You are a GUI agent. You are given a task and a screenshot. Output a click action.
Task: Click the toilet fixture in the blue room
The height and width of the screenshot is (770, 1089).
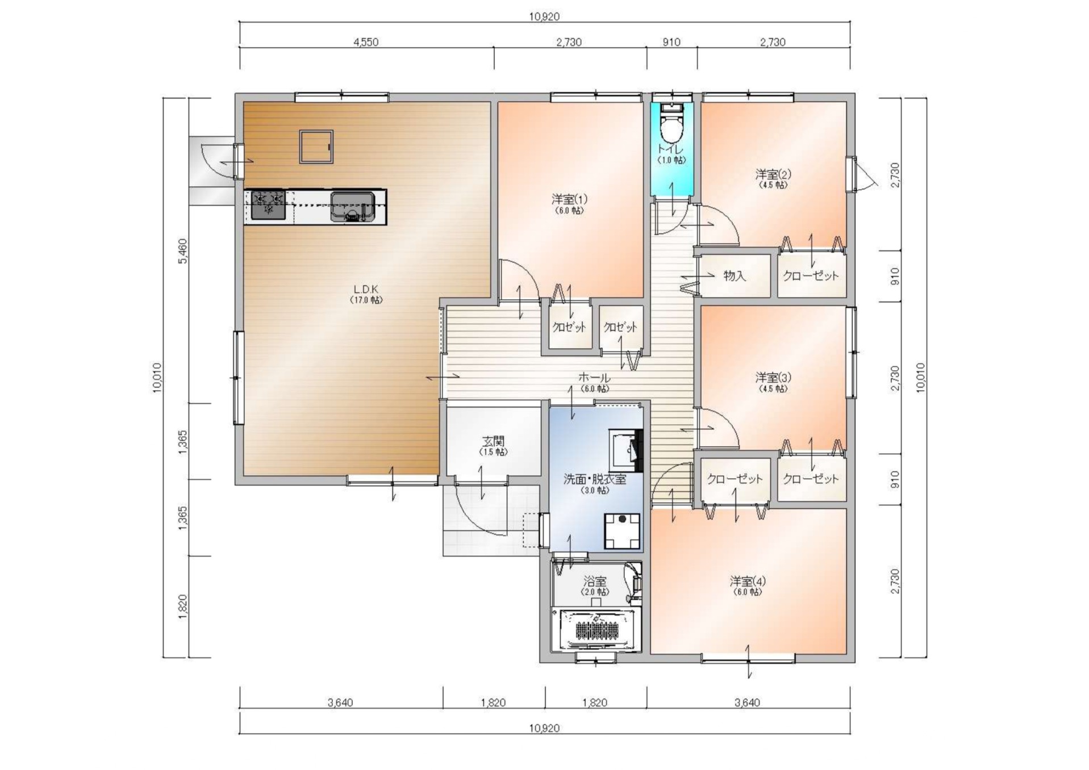(671, 125)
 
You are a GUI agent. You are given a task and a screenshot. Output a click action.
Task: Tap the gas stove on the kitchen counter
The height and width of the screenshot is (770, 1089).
(268, 206)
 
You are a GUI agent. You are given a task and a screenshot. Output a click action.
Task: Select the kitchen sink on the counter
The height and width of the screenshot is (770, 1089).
(352, 207)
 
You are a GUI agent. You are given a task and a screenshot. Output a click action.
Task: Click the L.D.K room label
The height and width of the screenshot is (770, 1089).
(366, 289)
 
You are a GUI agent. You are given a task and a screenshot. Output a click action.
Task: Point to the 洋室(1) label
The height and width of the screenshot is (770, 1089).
(569, 199)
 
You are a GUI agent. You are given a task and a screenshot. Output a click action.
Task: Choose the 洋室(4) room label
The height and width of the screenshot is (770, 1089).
(748, 581)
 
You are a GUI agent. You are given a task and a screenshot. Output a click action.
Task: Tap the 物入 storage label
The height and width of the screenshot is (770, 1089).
(735, 276)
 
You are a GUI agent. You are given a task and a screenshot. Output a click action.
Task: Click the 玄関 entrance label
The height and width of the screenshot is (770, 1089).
(494, 441)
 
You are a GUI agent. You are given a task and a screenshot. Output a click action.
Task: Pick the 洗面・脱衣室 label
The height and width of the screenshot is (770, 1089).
(595, 479)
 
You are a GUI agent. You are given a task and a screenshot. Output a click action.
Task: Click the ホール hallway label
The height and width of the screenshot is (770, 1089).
(595, 378)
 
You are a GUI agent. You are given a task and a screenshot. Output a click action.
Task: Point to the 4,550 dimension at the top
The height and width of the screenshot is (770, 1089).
(366, 42)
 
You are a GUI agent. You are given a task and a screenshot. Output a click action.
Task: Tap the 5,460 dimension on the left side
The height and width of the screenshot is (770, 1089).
(182, 251)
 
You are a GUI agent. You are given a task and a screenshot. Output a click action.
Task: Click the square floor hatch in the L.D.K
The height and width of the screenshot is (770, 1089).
(316, 147)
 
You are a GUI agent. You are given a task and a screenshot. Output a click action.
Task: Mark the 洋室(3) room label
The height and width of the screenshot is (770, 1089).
(773, 378)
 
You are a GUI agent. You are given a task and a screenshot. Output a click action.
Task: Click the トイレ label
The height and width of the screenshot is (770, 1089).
(671, 149)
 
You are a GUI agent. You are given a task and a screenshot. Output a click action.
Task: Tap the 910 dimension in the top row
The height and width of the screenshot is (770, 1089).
(671, 42)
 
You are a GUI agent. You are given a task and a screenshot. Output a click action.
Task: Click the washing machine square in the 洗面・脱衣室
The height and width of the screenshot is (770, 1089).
(622, 531)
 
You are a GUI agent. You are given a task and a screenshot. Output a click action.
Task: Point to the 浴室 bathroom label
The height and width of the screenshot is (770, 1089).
(595, 581)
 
